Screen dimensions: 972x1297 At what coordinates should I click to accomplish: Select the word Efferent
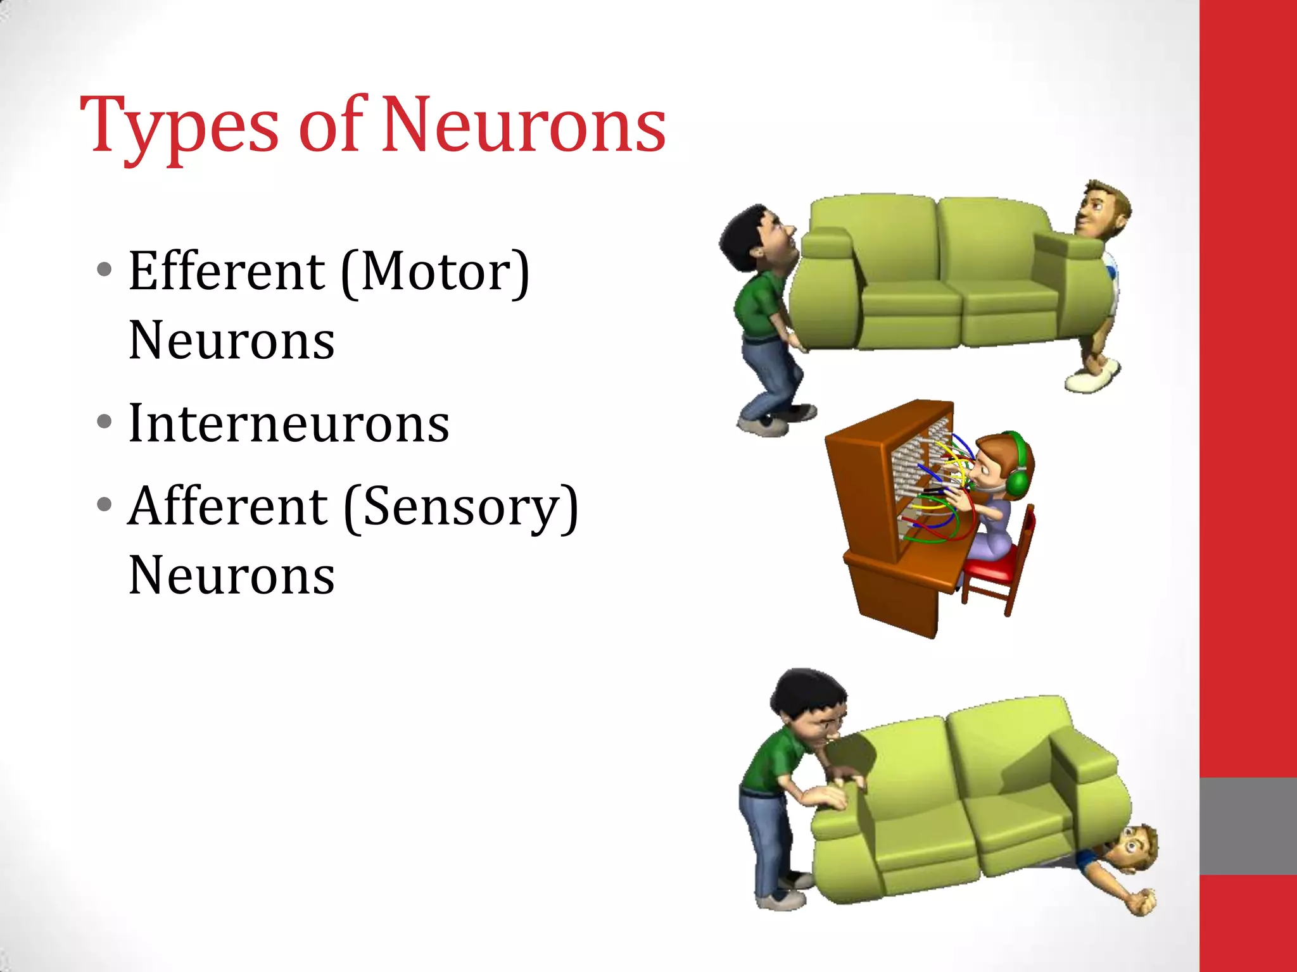click(227, 271)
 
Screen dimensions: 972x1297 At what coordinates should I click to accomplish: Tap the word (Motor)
click(435, 271)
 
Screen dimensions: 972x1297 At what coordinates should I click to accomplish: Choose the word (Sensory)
click(461, 508)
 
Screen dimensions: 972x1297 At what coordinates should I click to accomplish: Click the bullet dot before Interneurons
click(104, 421)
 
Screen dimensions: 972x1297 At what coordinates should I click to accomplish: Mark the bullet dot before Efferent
click(104, 270)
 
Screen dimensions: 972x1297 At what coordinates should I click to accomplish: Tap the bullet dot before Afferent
click(104, 504)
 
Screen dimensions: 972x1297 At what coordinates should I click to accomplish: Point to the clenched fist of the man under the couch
click(1144, 901)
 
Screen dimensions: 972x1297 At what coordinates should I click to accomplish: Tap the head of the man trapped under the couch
click(1137, 848)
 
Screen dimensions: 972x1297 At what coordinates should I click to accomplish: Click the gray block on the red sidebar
click(1248, 826)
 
